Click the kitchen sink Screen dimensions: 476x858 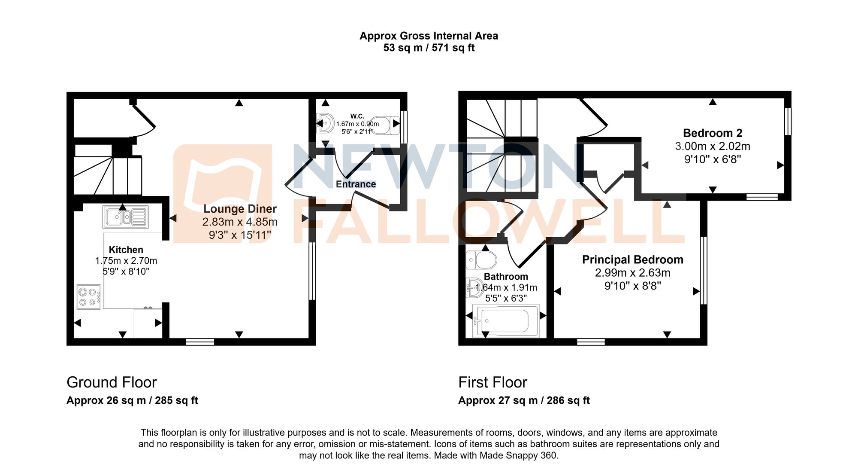[x=125, y=217]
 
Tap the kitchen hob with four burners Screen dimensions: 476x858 [x=89, y=297]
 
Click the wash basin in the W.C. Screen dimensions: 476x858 [x=326, y=124]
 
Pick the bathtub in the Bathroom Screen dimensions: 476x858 [x=506, y=320]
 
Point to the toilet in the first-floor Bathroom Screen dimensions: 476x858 [x=481, y=260]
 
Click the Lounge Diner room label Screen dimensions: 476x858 [x=240, y=209]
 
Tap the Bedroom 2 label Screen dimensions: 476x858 [x=713, y=133]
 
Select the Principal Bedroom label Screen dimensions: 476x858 [x=632, y=259]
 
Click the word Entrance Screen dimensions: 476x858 [x=356, y=184]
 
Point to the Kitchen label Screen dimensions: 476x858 [x=126, y=250]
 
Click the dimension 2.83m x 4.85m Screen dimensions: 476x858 [x=240, y=222]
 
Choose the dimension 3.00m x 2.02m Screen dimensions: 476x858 [x=713, y=146]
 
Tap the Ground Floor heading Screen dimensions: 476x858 [x=112, y=382]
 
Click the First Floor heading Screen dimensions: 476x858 [x=492, y=382]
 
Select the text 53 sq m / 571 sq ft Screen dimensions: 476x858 [x=429, y=48]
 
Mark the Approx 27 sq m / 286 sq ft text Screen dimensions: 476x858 [x=524, y=400]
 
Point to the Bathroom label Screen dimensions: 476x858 [x=506, y=277]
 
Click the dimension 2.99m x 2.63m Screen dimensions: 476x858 [x=632, y=273]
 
